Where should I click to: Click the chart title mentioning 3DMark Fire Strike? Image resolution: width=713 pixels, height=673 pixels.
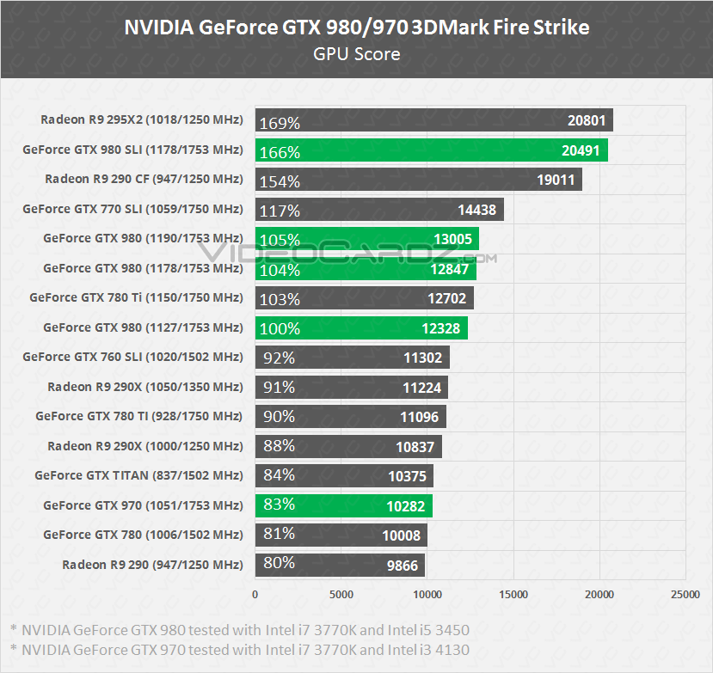tap(356, 27)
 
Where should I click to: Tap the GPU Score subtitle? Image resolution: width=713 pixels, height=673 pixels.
tap(356, 54)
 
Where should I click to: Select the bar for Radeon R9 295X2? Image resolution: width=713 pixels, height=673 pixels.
tap(433, 120)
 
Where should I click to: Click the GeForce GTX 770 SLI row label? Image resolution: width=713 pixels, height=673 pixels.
tap(132, 209)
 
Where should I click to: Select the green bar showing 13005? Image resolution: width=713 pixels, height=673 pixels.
tap(366, 239)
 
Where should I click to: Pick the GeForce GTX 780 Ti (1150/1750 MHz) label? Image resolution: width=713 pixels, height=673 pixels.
tap(136, 297)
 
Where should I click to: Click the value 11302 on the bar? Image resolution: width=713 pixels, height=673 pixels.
tap(422, 358)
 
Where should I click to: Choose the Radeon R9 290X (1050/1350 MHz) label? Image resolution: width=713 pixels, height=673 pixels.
tap(144, 387)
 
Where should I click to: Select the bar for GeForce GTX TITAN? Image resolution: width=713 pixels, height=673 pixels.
tap(344, 475)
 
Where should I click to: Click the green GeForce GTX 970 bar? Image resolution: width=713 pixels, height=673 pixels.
tap(343, 505)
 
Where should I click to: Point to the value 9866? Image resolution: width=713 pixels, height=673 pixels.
tap(403, 565)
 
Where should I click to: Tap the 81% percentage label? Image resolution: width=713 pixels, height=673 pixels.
tap(276, 535)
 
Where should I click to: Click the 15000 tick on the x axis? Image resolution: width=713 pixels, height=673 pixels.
tap(513, 594)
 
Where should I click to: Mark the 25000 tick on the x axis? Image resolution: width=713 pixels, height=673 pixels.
tap(685, 594)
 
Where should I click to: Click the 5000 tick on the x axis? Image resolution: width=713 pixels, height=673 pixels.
tap(341, 594)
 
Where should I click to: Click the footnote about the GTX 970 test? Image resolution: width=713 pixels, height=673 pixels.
tap(240, 650)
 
